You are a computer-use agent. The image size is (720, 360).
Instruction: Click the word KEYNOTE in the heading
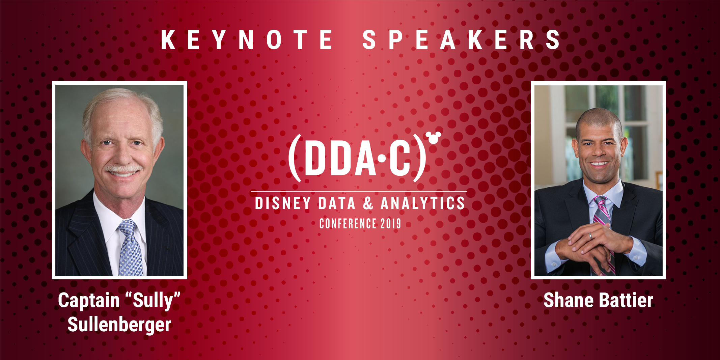(247, 40)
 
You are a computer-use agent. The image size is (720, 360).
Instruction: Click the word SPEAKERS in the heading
(461, 40)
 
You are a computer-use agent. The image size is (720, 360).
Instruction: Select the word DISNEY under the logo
(283, 203)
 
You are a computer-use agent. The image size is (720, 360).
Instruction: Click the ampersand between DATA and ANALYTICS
(368, 203)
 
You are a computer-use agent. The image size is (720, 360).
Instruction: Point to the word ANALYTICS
(423, 203)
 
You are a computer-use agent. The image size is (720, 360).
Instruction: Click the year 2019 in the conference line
(391, 224)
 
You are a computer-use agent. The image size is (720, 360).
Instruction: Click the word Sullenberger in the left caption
(119, 325)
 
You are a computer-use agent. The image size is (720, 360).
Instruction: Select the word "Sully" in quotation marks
(153, 300)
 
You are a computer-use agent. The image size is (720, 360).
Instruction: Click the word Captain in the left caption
(89, 300)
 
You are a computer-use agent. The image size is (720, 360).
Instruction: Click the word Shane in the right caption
(568, 300)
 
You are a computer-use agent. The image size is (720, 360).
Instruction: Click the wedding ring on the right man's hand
(590, 236)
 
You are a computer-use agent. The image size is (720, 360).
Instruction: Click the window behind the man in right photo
(634, 111)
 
